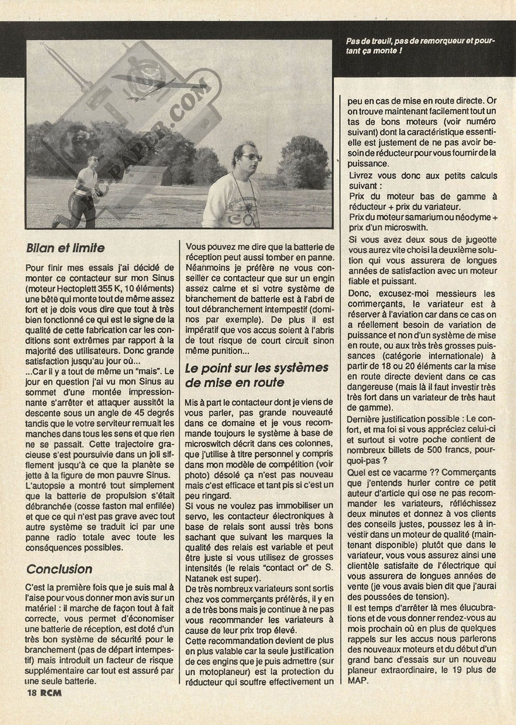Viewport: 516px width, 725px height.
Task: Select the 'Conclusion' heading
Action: pyautogui.click(x=59, y=569)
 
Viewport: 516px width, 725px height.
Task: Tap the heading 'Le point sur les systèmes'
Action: pyautogui.click(x=257, y=368)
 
